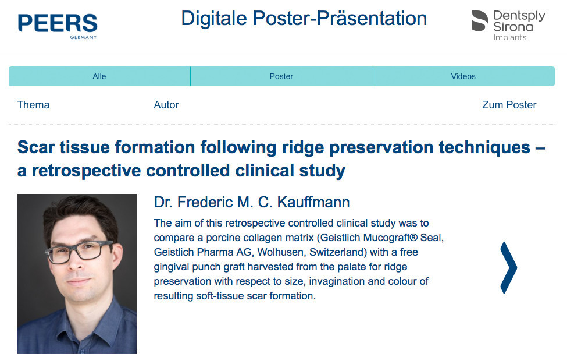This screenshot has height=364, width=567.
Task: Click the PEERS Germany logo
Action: (x=58, y=26)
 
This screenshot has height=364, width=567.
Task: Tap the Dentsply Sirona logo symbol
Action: (x=480, y=20)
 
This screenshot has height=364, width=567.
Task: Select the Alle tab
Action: (x=99, y=76)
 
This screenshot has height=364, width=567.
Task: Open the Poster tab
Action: (x=281, y=76)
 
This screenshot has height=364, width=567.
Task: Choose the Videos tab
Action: (x=463, y=76)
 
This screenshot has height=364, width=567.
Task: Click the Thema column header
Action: (x=33, y=105)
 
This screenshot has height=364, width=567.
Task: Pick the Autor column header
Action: (x=166, y=105)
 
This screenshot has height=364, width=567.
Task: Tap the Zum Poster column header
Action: (x=509, y=105)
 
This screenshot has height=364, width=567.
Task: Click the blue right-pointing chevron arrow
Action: (x=509, y=268)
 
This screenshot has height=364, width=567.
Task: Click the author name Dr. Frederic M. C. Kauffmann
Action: (x=252, y=202)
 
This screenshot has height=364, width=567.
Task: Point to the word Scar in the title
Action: (x=35, y=147)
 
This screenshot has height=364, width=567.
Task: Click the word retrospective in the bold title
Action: (x=86, y=171)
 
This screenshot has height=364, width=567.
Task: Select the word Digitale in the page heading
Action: (x=213, y=19)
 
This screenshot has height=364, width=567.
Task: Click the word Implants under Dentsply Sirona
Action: (x=510, y=38)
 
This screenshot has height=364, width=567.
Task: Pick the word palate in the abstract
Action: (x=352, y=267)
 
